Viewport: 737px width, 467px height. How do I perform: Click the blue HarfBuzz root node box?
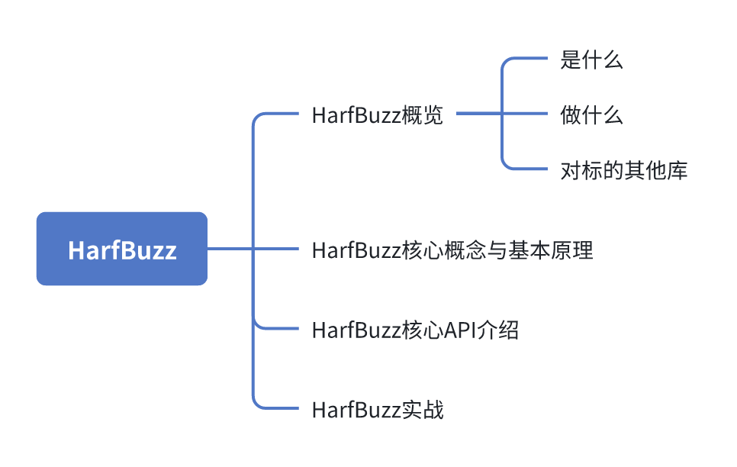(x=122, y=249)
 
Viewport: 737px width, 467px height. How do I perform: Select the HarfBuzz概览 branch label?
(x=377, y=116)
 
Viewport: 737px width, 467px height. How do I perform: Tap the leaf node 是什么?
(x=591, y=60)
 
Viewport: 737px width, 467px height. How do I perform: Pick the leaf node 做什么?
(x=591, y=115)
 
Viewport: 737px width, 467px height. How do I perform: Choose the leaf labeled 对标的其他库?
(x=623, y=170)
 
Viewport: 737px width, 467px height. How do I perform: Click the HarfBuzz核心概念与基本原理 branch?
(x=452, y=250)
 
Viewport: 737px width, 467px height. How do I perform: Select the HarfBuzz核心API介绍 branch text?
(x=415, y=330)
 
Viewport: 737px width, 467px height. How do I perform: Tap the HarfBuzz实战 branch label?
(x=377, y=411)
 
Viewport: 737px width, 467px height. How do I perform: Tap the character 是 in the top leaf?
(x=571, y=60)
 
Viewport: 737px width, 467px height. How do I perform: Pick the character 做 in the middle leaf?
(x=571, y=115)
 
